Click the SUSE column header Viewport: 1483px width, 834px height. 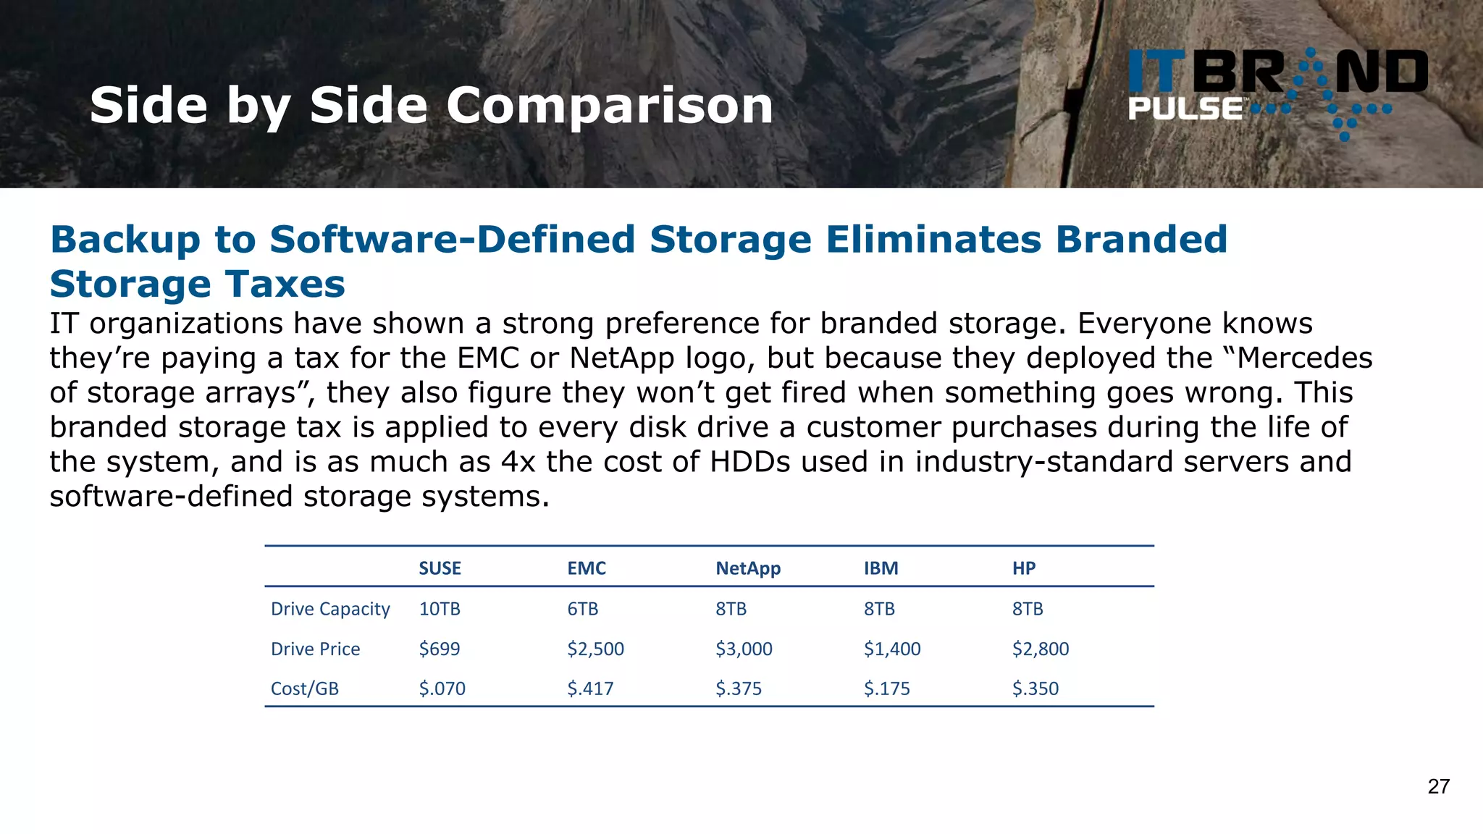(x=440, y=568)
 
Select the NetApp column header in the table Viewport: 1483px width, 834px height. (x=748, y=568)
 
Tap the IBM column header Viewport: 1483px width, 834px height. (x=881, y=568)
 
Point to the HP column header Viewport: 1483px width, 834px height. (x=1024, y=568)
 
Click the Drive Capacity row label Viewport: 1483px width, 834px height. (x=330, y=609)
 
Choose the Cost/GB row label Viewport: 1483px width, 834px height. (x=305, y=688)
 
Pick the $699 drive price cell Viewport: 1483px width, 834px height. (x=440, y=649)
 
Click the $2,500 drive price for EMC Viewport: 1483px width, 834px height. (x=595, y=649)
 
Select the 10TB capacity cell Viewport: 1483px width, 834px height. (x=440, y=609)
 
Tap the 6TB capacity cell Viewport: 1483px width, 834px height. (x=583, y=609)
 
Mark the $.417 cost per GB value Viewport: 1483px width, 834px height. (x=590, y=688)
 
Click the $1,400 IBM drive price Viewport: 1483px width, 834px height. (x=892, y=649)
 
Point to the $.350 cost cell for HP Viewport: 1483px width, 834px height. (x=1035, y=688)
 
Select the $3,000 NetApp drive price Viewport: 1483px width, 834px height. (x=744, y=649)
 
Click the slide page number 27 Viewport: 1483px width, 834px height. (x=1438, y=787)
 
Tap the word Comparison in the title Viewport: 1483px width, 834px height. (x=610, y=106)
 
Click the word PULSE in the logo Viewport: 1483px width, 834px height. (x=1185, y=109)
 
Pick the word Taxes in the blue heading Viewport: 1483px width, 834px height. (x=285, y=284)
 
